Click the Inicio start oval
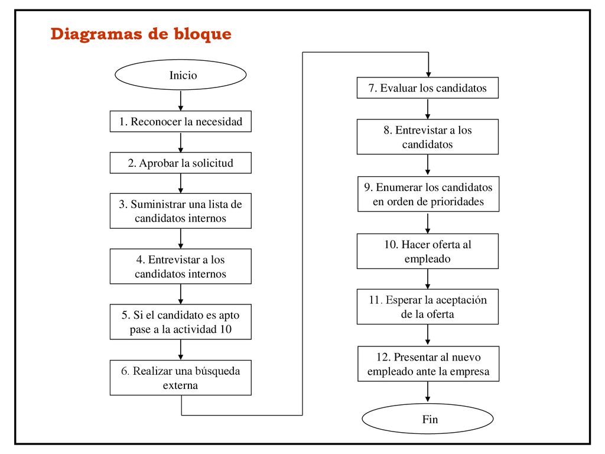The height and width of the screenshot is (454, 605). coord(181,75)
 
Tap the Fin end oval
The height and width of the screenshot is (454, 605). coord(428,419)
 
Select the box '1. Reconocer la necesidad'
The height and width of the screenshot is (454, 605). coord(181,122)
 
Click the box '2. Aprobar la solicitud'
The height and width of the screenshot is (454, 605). coord(181,163)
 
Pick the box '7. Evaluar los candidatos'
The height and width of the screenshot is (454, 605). coord(428,87)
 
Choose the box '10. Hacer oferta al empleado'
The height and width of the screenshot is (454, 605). coord(428,251)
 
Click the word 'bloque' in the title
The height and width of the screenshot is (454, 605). coord(203,34)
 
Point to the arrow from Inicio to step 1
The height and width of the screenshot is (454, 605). coord(181,100)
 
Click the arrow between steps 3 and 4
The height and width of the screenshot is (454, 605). coord(181,239)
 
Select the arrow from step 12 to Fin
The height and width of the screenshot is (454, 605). coord(428,392)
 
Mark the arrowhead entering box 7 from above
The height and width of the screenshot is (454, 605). coord(428,74)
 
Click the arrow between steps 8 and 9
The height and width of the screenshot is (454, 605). coord(428,165)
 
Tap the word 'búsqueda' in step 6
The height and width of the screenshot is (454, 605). coord(217,371)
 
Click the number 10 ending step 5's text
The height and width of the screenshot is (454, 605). coord(226,329)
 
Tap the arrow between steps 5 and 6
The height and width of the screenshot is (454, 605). coord(181,350)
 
